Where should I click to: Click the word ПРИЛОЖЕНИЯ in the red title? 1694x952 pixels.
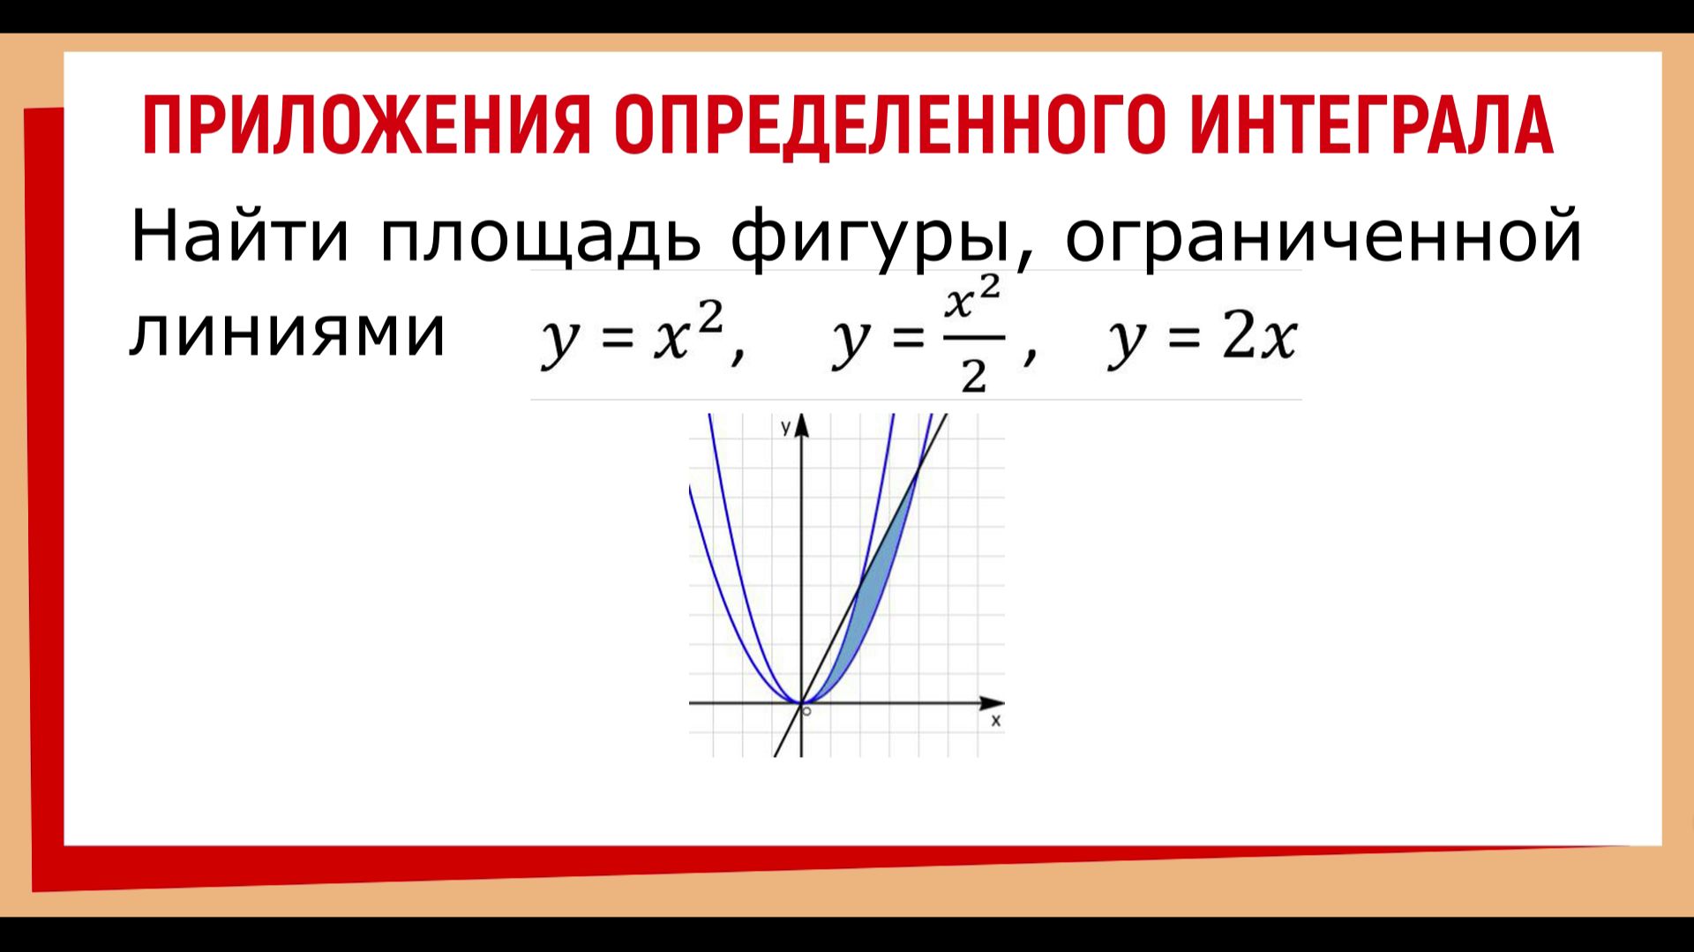(x=364, y=125)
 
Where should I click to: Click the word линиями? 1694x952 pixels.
(x=288, y=334)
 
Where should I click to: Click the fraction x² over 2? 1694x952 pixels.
(x=973, y=337)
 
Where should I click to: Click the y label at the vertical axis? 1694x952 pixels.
(x=785, y=428)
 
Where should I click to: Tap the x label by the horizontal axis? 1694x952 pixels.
(x=996, y=721)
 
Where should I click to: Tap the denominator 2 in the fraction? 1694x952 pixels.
(x=973, y=377)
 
